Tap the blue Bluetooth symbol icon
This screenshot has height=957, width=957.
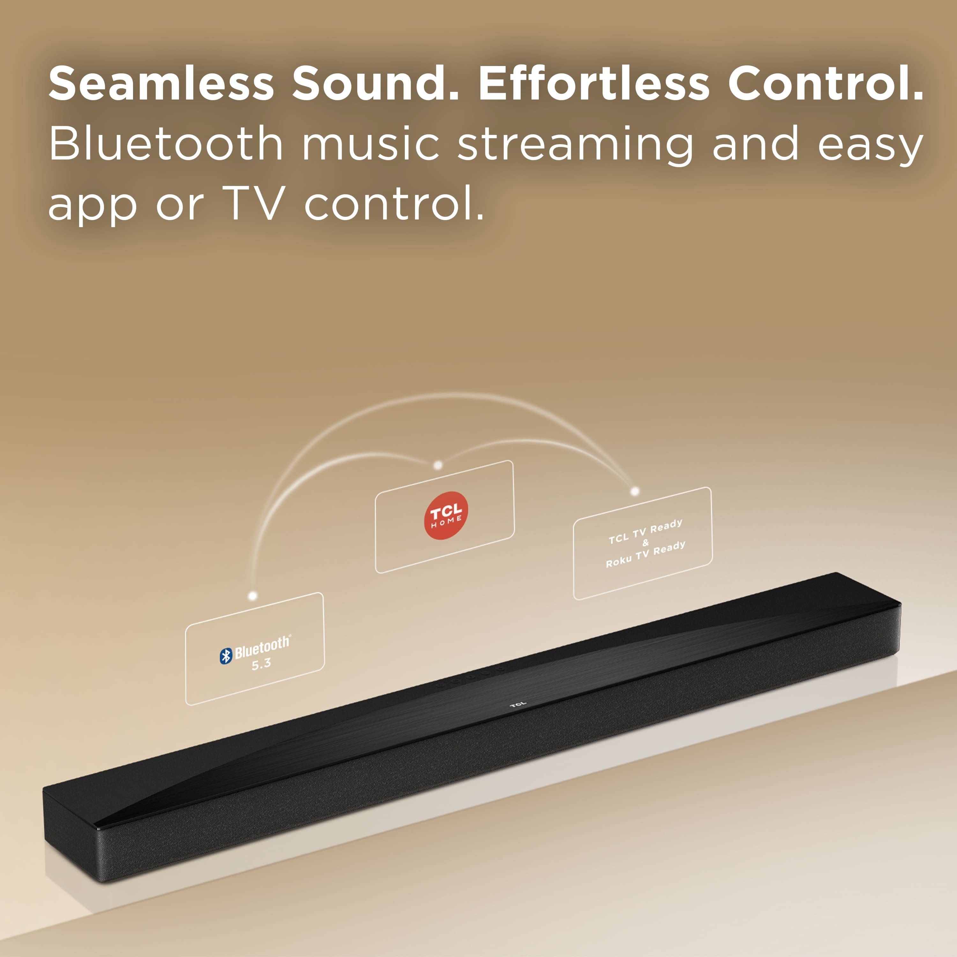[x=226, y=656]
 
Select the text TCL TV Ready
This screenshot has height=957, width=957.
[x=645, y=531]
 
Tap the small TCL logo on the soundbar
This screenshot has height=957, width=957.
[x=518, y=704]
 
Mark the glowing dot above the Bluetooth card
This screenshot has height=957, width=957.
[x=253, y=595]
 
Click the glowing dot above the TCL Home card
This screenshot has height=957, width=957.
[x=438, y=465]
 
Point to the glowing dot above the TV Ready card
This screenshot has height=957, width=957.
[x=635, y=491]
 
